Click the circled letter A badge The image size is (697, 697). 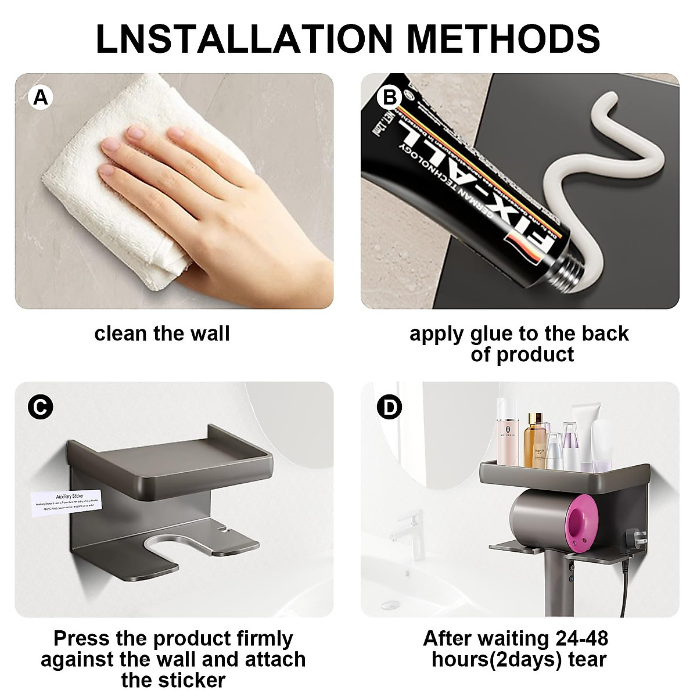click(40, 97)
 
